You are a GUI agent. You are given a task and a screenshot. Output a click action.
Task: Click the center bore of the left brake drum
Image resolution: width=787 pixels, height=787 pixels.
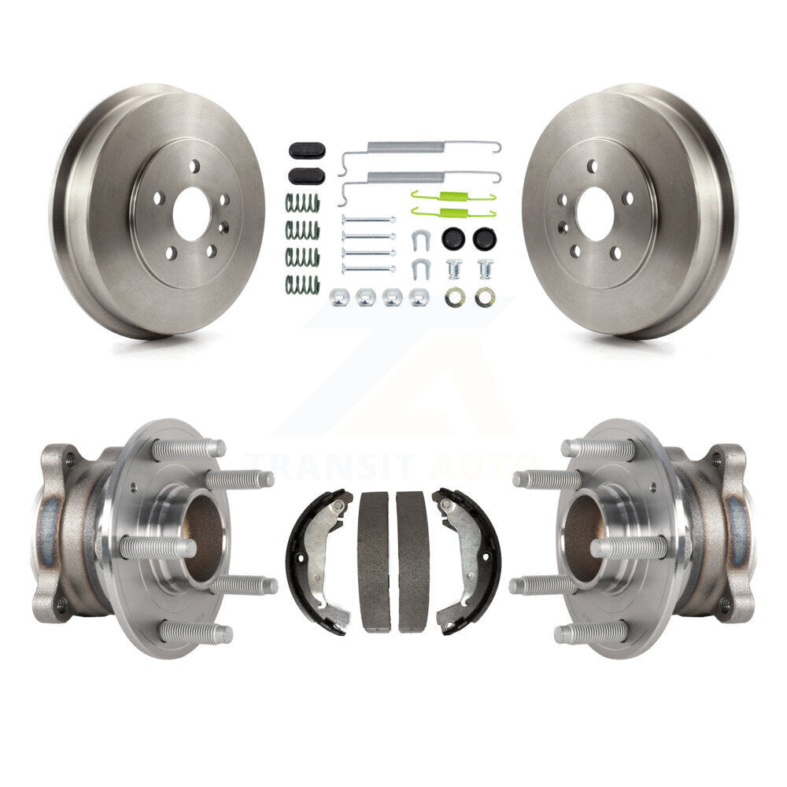pyautogui.click(x=190, y=214)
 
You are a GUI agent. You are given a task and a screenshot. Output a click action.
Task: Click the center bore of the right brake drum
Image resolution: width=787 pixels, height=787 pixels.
pyautogui.click(x=597, y=214)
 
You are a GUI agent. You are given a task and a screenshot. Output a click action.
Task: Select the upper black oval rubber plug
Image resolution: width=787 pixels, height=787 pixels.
pyautogui.click(x=307, y=150)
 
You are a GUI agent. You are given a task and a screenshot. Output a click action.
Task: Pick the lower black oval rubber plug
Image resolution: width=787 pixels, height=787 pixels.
pyautogui.click(x=307, y=176)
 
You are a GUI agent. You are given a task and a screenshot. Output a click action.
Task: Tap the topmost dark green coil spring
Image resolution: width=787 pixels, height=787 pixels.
pyautogui.click(x=303, y=203)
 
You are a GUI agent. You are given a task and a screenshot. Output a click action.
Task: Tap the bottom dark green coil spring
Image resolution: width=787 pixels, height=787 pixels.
pyautogui.click(x=303, y=285)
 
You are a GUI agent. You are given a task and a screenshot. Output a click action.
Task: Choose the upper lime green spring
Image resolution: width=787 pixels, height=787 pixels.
pyautogui.click(x=453, y=196)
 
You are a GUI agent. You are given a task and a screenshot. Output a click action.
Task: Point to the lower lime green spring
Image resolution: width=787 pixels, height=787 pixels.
pyautogui.click(x=453, y=212)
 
